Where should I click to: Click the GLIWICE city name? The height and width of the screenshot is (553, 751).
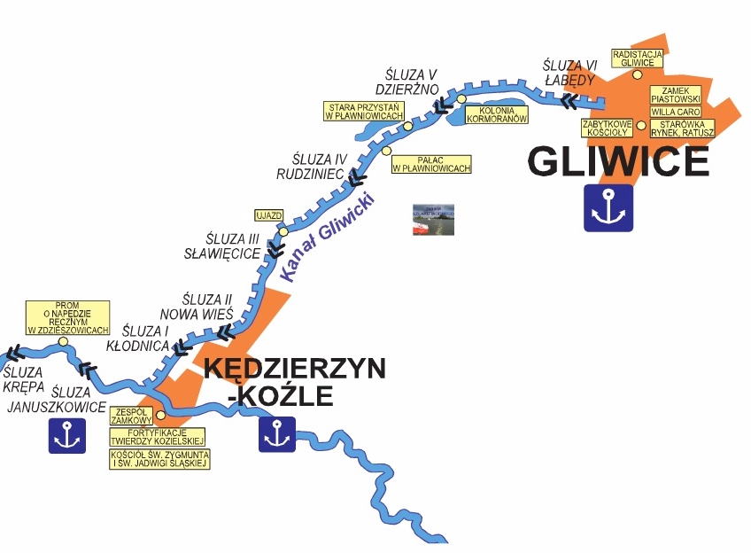tap(618, 161)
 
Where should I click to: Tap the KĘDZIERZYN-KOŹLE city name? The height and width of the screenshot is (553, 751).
tap(295, 381)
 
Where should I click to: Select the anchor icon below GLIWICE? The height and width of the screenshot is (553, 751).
tap(608, 208)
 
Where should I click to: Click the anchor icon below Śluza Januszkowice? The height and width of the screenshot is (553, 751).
tap(67, 434)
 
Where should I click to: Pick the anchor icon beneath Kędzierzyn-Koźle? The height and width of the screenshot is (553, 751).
tap(277, 434)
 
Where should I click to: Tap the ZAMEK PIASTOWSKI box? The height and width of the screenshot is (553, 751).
tap(676, 95)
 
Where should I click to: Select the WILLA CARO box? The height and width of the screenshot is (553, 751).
tap(676, 113)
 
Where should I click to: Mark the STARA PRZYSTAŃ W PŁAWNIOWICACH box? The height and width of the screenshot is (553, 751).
tap(364, 111)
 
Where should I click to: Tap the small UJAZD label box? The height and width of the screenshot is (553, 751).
tap(268, 215)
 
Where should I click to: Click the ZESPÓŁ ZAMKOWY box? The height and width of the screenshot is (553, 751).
tap(129, 415)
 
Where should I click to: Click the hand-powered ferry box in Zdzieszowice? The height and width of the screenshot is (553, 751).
tap(68, 318)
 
